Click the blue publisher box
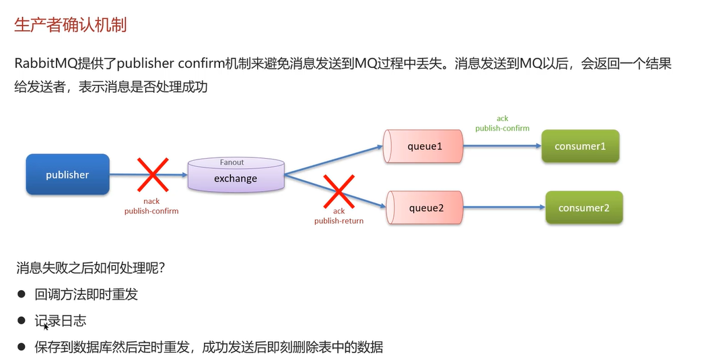(67, 174)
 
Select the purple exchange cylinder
(236, 176)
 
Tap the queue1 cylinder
(423, 146)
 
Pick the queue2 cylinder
(425, 208)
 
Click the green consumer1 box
(580, 146)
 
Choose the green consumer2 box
(584, 208)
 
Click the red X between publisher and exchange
(153, 175)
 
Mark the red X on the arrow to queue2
(338, 191)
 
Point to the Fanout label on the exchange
(232, 162)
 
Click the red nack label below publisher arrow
(151, 201)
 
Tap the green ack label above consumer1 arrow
(502, 118)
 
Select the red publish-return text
(339, 221)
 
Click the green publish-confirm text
(502, 128)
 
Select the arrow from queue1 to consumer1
(501, 146)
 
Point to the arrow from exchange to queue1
(333, 159)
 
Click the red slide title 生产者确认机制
(71, 25)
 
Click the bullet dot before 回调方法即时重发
(21, 294)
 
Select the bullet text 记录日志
(61, 321)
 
